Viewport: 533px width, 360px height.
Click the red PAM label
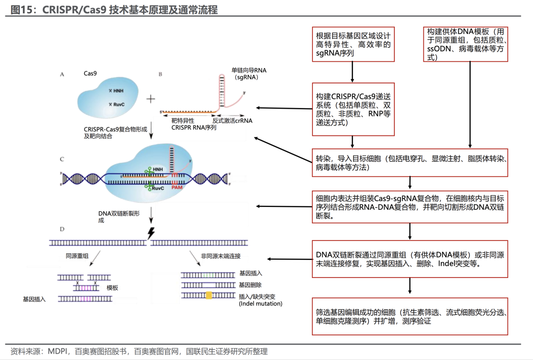(x=177, y=188)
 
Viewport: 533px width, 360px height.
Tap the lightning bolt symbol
(x=150, y=233)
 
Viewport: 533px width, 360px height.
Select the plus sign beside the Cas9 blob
(x=151, y=99)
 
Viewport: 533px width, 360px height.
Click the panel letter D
(x=62, y=229)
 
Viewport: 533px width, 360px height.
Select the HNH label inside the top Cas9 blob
(x=118, y=91)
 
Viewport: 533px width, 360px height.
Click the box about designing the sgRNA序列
(x=353, y=44)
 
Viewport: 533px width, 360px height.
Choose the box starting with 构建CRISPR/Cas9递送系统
(x=353, y=109)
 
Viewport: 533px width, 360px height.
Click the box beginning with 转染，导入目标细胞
(x=409, y=163)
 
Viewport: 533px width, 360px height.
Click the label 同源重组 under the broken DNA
(x=77, y=256)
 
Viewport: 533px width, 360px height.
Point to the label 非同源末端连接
(x=221, y=256)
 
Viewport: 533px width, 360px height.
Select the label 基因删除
(x=250, y=285)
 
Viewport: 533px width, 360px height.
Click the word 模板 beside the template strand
(x=113, y=287)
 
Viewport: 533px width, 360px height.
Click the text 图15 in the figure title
(x=21, y=9)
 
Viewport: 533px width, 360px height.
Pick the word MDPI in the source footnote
(x=58, y=352)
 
